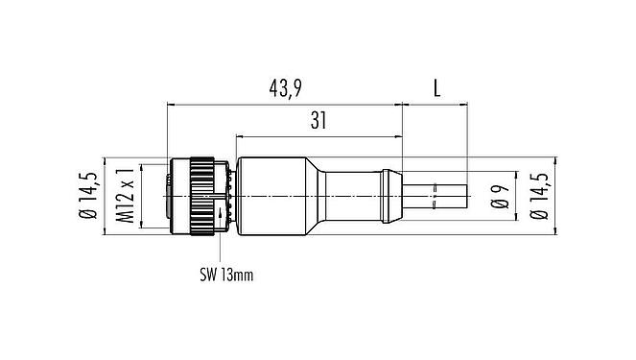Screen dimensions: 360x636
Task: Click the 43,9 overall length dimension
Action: [x=285, y=89]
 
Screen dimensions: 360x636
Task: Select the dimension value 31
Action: [x=318, y=122]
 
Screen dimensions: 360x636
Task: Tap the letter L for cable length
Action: [x=436, y=89]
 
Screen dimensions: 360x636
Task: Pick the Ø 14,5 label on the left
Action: [x=89, y=196]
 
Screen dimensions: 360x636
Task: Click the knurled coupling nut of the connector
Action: [x=203, y=196]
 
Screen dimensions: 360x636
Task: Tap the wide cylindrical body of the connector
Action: [x=273, y=196]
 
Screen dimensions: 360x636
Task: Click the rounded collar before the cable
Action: [x=390, y=196]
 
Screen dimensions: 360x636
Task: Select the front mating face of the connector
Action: [x=172, y=196]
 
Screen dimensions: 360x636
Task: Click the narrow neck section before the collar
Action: [x=355, y=196]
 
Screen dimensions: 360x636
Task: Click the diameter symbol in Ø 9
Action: [x=500, y=205]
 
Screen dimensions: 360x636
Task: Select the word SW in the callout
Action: [x=209, y=276]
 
